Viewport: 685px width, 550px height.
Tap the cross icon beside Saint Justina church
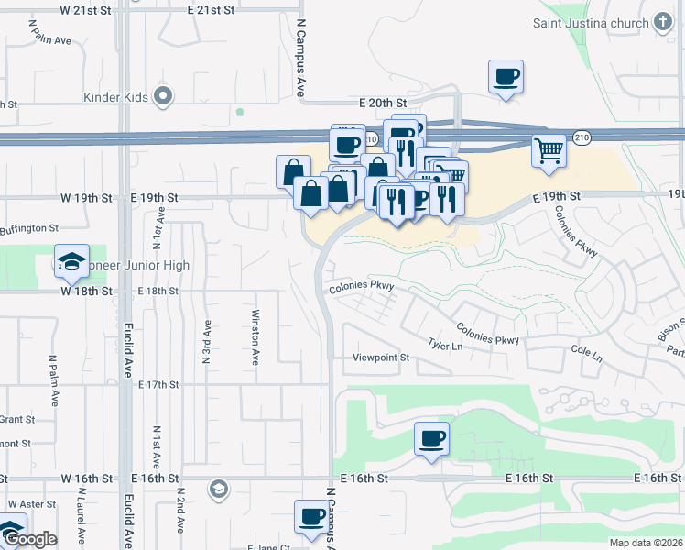click(x=664, y=22)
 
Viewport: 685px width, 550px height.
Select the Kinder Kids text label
click(x=115, y=95)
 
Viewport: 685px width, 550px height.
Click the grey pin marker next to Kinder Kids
click(x=164, y=95)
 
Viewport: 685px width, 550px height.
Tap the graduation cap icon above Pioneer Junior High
click(x=71, y=262)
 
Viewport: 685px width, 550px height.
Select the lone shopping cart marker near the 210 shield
click(x=549, y=149)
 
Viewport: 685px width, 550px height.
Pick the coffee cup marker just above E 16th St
click(x=431, y=438)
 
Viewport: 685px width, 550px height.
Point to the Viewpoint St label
click(x=382, y=357)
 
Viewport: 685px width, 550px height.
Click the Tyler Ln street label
click(x=445, y=345)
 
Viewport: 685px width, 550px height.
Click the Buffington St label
click(x=29, y=228)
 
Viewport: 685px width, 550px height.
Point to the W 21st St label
click(x=92, y=9)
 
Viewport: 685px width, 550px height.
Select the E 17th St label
click(x=158, y=384)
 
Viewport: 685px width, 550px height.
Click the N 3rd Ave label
click(x=208, y=341)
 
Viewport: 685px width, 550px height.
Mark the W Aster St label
click(x=32, y=504)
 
